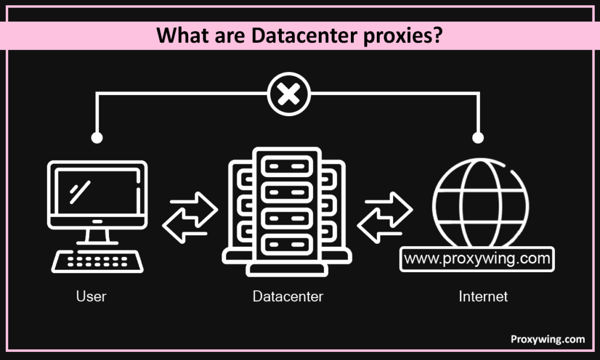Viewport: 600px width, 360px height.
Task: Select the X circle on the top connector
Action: [288, 94]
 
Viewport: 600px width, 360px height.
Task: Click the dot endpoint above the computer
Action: [97, 138]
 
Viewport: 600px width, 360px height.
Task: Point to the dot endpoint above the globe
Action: [478, 138]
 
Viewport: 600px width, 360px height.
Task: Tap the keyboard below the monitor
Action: [97, 261]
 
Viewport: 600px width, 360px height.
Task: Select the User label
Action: [91, 297]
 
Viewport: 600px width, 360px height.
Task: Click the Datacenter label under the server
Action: [288, 297]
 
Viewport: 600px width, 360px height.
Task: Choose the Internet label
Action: [483, 297]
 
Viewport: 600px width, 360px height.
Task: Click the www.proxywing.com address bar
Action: [476, 259]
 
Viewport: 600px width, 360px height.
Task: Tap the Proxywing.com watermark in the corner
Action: [547, 339]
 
